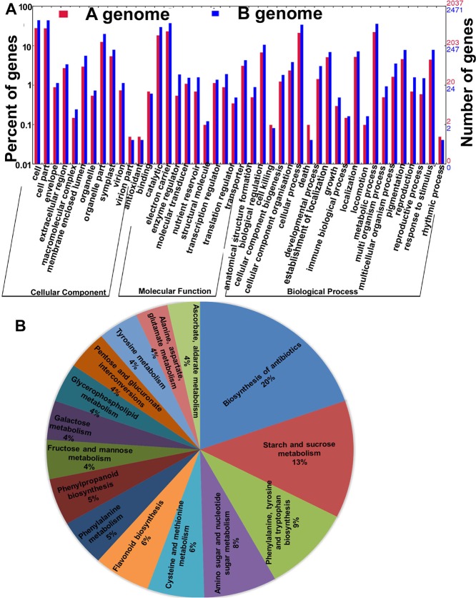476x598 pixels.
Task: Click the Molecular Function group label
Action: tap(165, 291)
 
